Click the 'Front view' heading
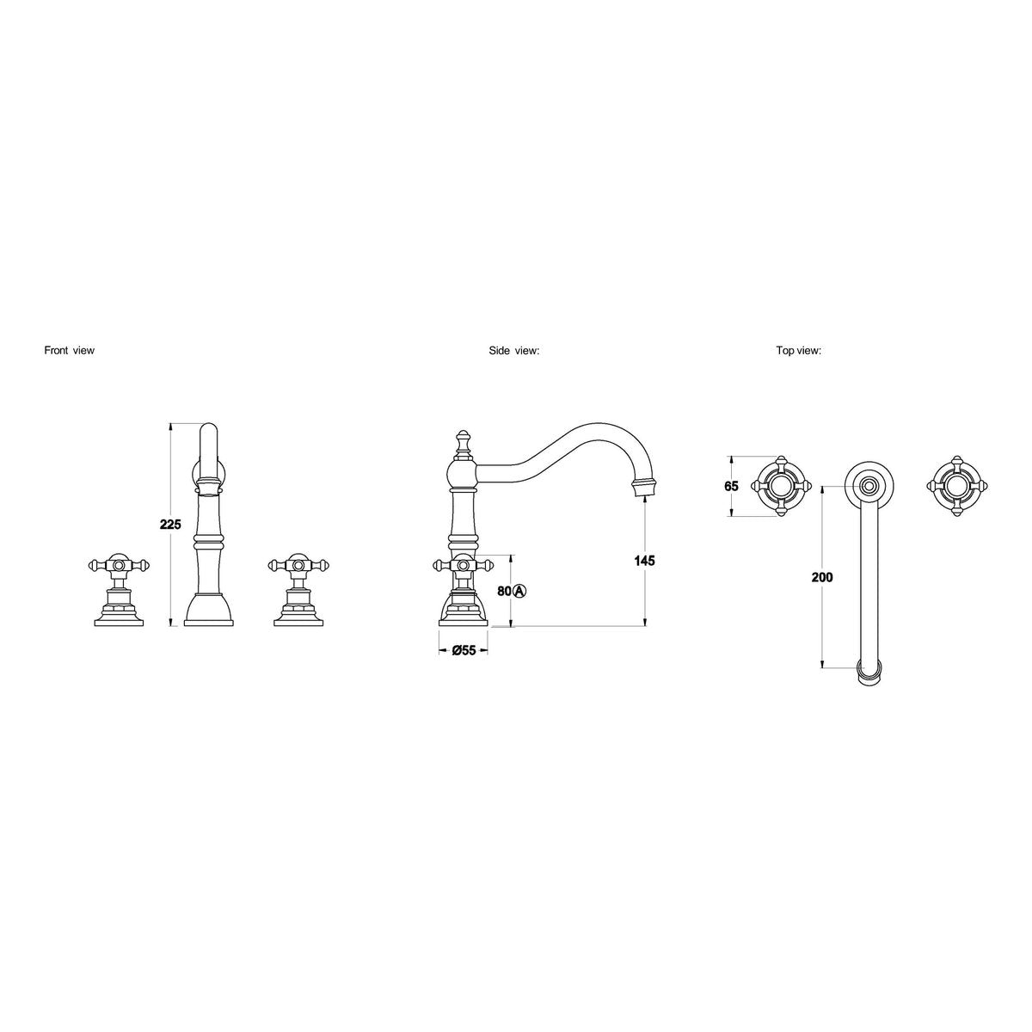coord(69,351)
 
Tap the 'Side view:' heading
coord(513,351)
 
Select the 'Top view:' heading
coord(798,351)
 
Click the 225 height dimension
coord(170,525)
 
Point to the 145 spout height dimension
coord(644,561)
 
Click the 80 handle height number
coord(505,591)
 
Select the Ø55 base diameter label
coord(464,650)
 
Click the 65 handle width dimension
coord(731,486)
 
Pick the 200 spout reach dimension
coord(822,577)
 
